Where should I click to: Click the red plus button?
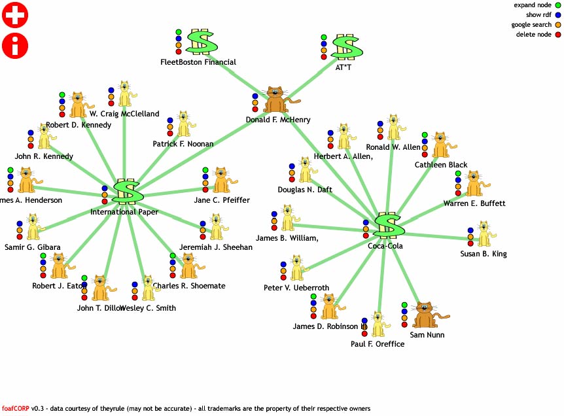coord(15,14)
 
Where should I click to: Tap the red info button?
coord(15,45)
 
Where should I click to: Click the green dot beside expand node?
coord(557,5)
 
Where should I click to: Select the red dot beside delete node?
coord(557,35)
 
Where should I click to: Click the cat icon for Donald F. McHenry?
coord(277,100)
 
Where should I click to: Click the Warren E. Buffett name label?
coord(474,203)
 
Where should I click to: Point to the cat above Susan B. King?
coord(484,234)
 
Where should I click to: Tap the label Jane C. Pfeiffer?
coord(222,200)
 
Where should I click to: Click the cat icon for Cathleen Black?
coord(440,145)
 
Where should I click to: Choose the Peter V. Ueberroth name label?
coord(296,288)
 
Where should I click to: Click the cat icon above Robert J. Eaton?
coord(60,267)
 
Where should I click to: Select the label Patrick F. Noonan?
coord(183,143)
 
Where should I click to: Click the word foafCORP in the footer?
coord(16,409)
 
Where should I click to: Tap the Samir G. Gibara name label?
coord(33,247)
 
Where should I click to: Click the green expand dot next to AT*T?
coord(323,37)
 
